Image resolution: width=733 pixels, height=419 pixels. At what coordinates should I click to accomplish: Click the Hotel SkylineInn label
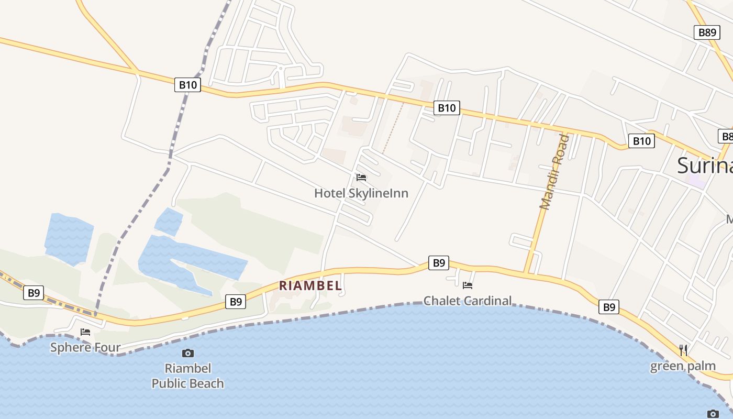tap(361, 193)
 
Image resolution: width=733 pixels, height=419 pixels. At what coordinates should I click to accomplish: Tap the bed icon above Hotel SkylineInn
tap(361, 178)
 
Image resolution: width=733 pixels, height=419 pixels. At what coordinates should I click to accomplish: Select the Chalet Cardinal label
tap(467, 301)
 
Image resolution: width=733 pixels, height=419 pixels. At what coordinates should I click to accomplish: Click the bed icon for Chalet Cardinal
tap(468, 285)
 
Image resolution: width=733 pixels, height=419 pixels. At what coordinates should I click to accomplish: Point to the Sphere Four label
tap(85, 347)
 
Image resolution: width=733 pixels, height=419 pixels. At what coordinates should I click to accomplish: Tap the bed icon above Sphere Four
tap(85, 332)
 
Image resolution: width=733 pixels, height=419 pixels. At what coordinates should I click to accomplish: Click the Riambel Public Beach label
tap(187, 376)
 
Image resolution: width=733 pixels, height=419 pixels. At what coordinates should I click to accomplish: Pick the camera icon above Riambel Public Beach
tap(187, 354)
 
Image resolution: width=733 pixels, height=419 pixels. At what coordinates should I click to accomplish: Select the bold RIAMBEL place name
tap(310, 286)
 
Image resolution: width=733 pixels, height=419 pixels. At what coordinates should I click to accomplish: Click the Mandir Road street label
tap(554, 172)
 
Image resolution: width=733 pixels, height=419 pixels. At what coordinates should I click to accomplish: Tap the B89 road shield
tap(707, 32)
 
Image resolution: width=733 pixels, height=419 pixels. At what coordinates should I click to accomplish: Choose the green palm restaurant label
tap(683, 366)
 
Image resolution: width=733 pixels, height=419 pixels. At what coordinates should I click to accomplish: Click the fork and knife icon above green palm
tap(683, 350)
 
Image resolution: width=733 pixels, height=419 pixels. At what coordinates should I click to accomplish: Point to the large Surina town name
tap(704, 166)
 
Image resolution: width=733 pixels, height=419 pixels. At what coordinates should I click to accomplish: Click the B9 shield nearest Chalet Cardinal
tap(438, 263)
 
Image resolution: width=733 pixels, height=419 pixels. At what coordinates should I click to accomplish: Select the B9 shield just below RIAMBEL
tap(236, 302)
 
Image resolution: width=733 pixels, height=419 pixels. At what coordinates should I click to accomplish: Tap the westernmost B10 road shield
tap(187, 84)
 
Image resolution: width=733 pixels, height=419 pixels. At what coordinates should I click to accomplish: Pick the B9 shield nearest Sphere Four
tap(34, 293)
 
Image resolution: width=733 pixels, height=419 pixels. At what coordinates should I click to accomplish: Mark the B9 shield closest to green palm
tap(609, 307)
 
